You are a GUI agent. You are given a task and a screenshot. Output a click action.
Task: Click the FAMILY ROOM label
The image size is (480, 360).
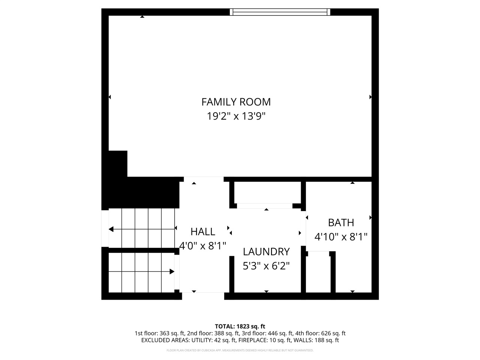pos(236,102)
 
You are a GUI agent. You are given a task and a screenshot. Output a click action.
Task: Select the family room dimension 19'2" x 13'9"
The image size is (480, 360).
pos(236,116)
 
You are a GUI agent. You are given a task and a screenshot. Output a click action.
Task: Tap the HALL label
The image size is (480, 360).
pos(202,231)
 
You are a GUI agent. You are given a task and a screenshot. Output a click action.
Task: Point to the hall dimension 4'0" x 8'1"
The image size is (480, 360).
pos(203,246)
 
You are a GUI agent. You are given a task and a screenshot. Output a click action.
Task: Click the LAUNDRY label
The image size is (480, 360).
pos(266,252)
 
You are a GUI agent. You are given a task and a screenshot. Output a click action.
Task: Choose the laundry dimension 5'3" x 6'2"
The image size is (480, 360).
pos(266,266)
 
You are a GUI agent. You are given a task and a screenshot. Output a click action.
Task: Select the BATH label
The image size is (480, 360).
pos(341,223)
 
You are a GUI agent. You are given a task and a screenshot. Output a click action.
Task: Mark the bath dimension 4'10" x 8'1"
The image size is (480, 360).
pos(341,237)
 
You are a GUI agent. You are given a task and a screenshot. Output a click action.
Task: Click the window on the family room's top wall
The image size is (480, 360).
pos(280,12)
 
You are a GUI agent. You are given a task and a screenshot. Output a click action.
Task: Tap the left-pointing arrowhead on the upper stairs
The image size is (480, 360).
pos(111,229)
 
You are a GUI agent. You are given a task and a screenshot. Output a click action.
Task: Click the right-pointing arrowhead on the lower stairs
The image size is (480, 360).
pos(172,271)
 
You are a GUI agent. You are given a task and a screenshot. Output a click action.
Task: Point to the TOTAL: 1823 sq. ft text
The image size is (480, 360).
pos(240,326)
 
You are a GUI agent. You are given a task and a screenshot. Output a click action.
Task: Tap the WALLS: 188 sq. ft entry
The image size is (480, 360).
pos(318,340)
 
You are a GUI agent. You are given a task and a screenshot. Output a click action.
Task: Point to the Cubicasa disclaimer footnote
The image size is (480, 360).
pos(240,351)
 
